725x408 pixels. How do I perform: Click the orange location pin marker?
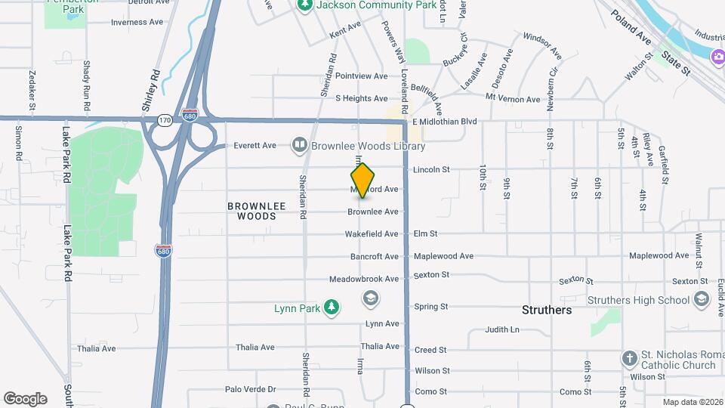(363, 180)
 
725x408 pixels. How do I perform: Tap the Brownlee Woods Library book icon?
(300, 145)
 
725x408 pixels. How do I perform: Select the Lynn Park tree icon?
(331, 307)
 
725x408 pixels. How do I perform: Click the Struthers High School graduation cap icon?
(702, 300)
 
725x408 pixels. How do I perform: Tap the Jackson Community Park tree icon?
(305, 5)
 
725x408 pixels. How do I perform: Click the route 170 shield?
(164, 119)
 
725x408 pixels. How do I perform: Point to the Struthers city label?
(547, 310)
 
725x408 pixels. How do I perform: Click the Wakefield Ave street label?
(372, 234)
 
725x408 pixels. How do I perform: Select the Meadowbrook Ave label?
(364, 279)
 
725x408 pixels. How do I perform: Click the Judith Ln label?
(502, 329)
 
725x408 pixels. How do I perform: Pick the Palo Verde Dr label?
(251, 390)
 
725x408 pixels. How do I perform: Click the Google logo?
(25, 399)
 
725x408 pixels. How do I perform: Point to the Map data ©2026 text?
(692, 402)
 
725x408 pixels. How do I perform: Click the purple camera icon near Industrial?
(717, 55)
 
